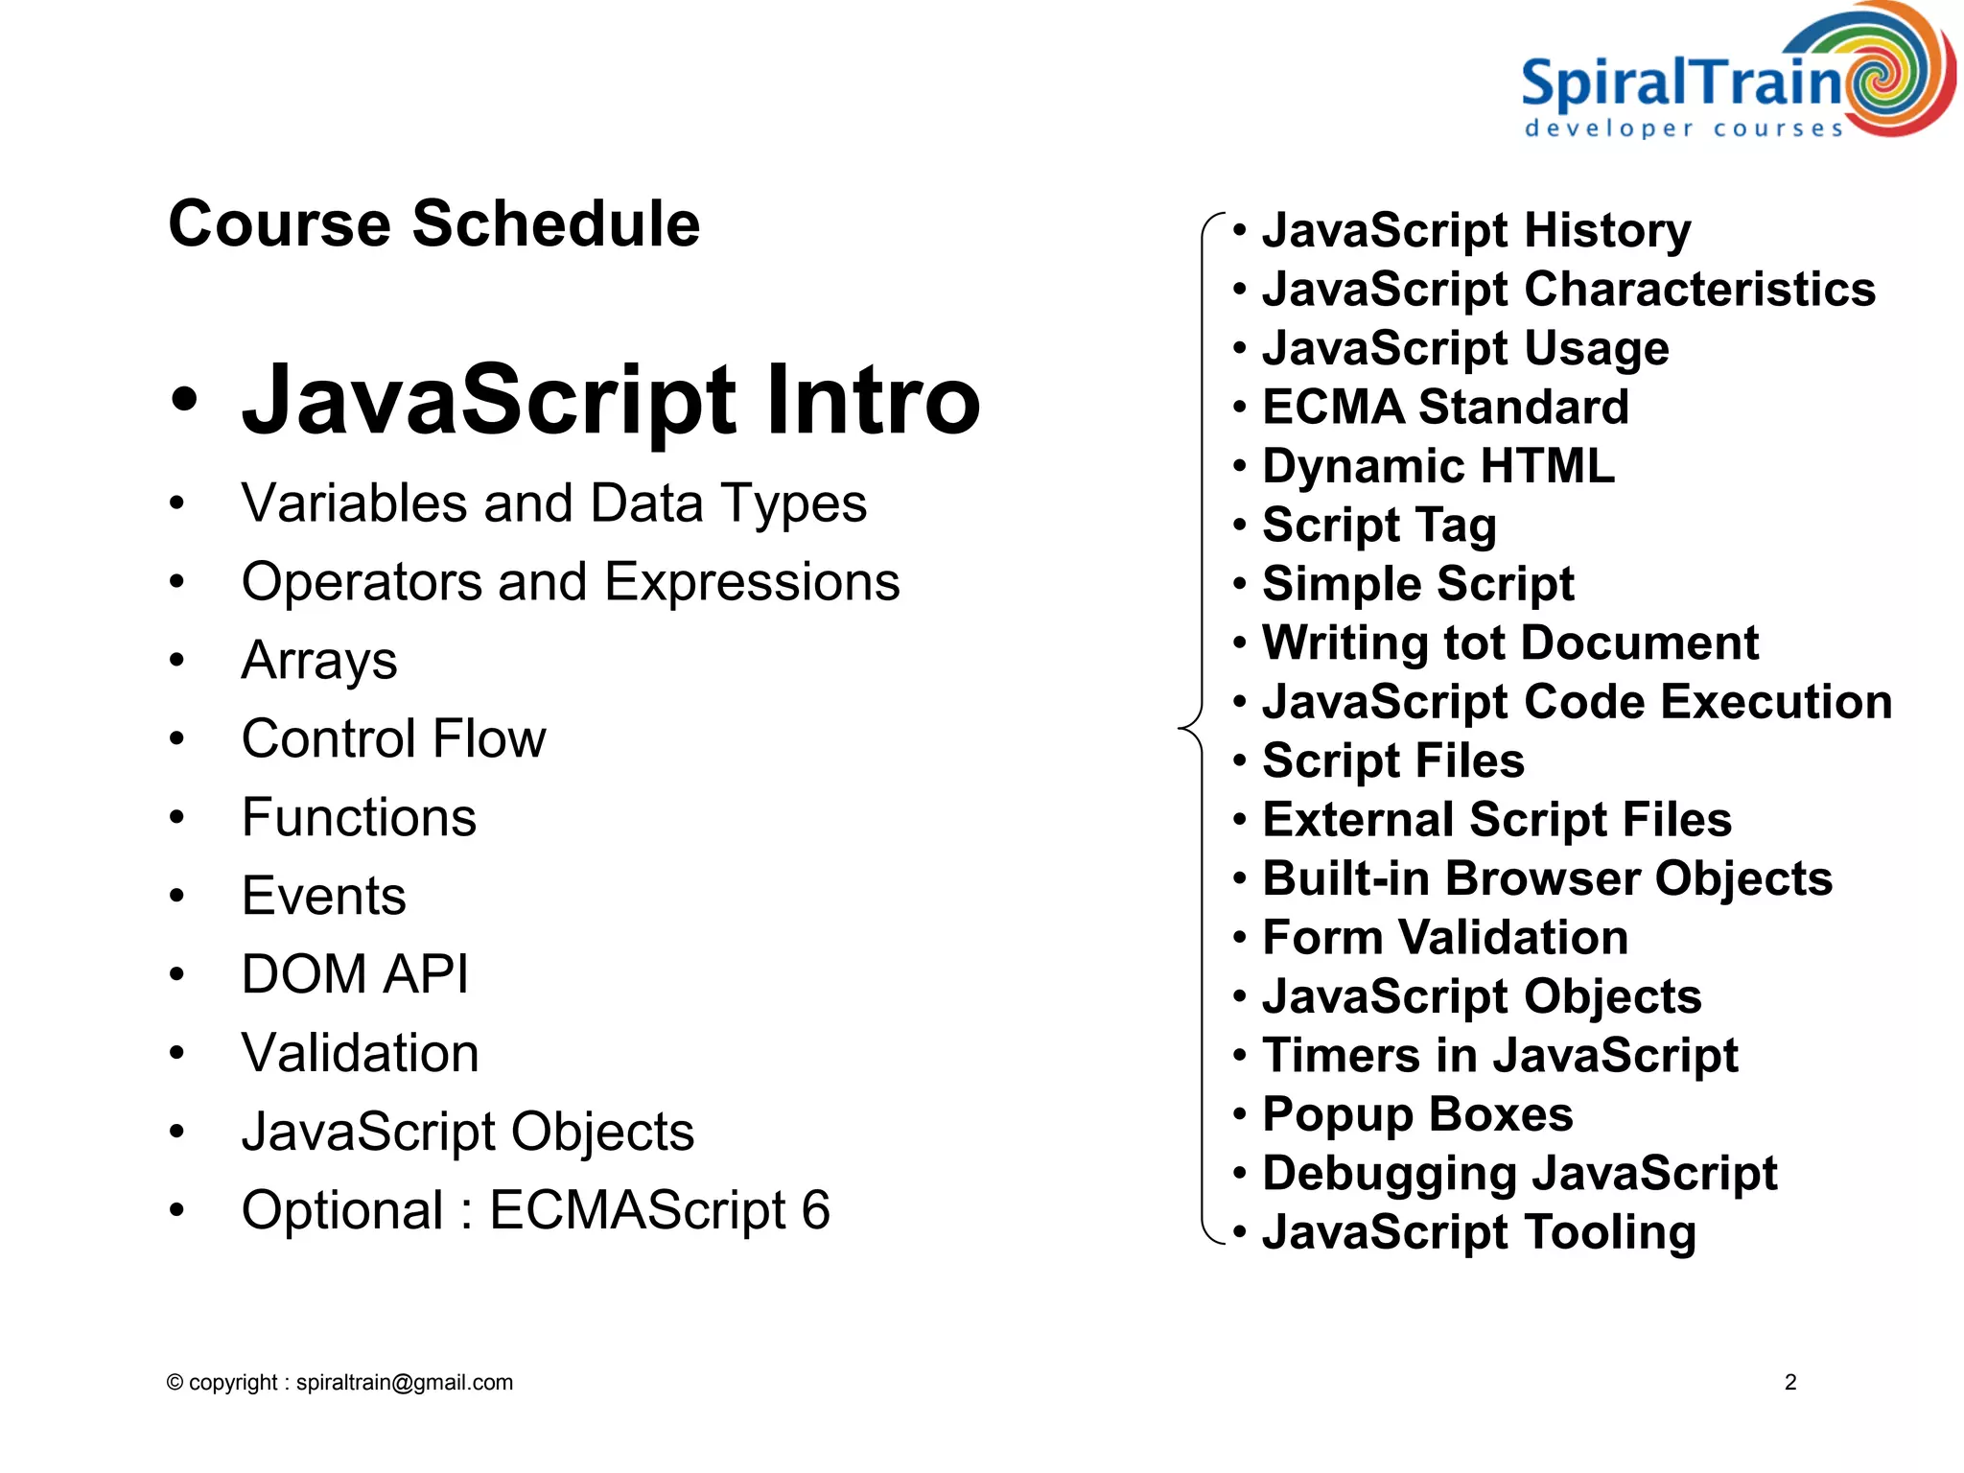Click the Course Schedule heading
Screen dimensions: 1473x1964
(433, 223)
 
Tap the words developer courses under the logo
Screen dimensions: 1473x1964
(1684, 129)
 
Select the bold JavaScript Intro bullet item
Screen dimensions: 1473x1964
(610, 399)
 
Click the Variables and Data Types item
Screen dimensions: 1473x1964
(553, 503)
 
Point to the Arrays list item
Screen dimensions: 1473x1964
(319, 661)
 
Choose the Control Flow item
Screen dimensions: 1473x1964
(393, 738)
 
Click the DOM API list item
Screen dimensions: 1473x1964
(355, 974)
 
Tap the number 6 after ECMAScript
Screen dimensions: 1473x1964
(815, 1210)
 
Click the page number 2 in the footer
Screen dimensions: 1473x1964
(1789, 1382)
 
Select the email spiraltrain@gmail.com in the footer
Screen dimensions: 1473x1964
(404, 1382)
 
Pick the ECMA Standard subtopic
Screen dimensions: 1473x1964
(1444, 407)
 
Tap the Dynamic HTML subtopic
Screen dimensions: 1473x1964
(1438, 466)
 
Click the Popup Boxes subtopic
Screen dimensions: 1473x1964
(1416, 1114)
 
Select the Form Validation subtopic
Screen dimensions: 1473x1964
(1444, 937)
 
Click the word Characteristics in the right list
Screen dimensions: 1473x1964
(1699, 289)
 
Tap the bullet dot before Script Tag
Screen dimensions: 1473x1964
(1240, 525)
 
